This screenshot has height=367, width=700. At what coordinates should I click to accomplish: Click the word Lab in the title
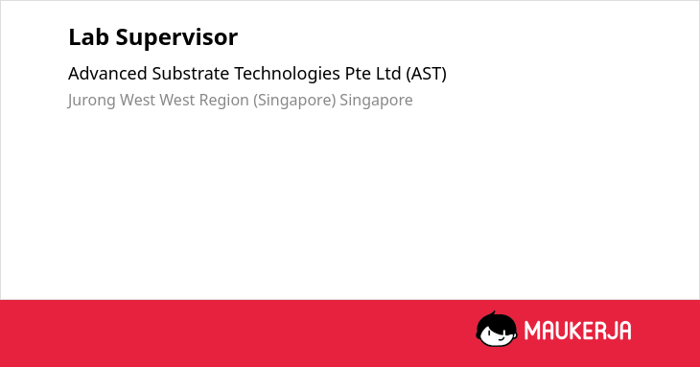[88, 37]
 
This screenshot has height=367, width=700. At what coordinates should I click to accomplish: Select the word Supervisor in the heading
[176, 38]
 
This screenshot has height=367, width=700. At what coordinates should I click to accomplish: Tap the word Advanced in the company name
[107, 74]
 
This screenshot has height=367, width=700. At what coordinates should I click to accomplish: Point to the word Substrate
[191, 74]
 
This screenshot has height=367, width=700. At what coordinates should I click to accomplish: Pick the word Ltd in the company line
[388, 74]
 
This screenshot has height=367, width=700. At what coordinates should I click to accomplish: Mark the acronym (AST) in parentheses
[426, 74]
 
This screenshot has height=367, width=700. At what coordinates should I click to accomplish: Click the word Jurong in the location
[91, 101]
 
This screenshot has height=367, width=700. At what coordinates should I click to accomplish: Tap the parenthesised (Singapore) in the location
[294, 101]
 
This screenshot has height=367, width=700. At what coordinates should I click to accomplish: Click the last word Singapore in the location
[376, 101]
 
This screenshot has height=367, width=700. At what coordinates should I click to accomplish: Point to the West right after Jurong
[137, 100]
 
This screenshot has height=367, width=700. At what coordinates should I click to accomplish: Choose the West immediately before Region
[177, 100]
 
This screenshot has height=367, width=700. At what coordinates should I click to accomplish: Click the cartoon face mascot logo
[497, 330]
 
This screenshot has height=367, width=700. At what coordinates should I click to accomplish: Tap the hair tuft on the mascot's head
[493, 313]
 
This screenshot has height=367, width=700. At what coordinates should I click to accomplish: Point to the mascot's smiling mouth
[501, 338]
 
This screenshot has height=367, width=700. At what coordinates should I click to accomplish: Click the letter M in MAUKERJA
[532, 331]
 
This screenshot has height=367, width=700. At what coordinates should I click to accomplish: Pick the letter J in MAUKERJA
[611, 331]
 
